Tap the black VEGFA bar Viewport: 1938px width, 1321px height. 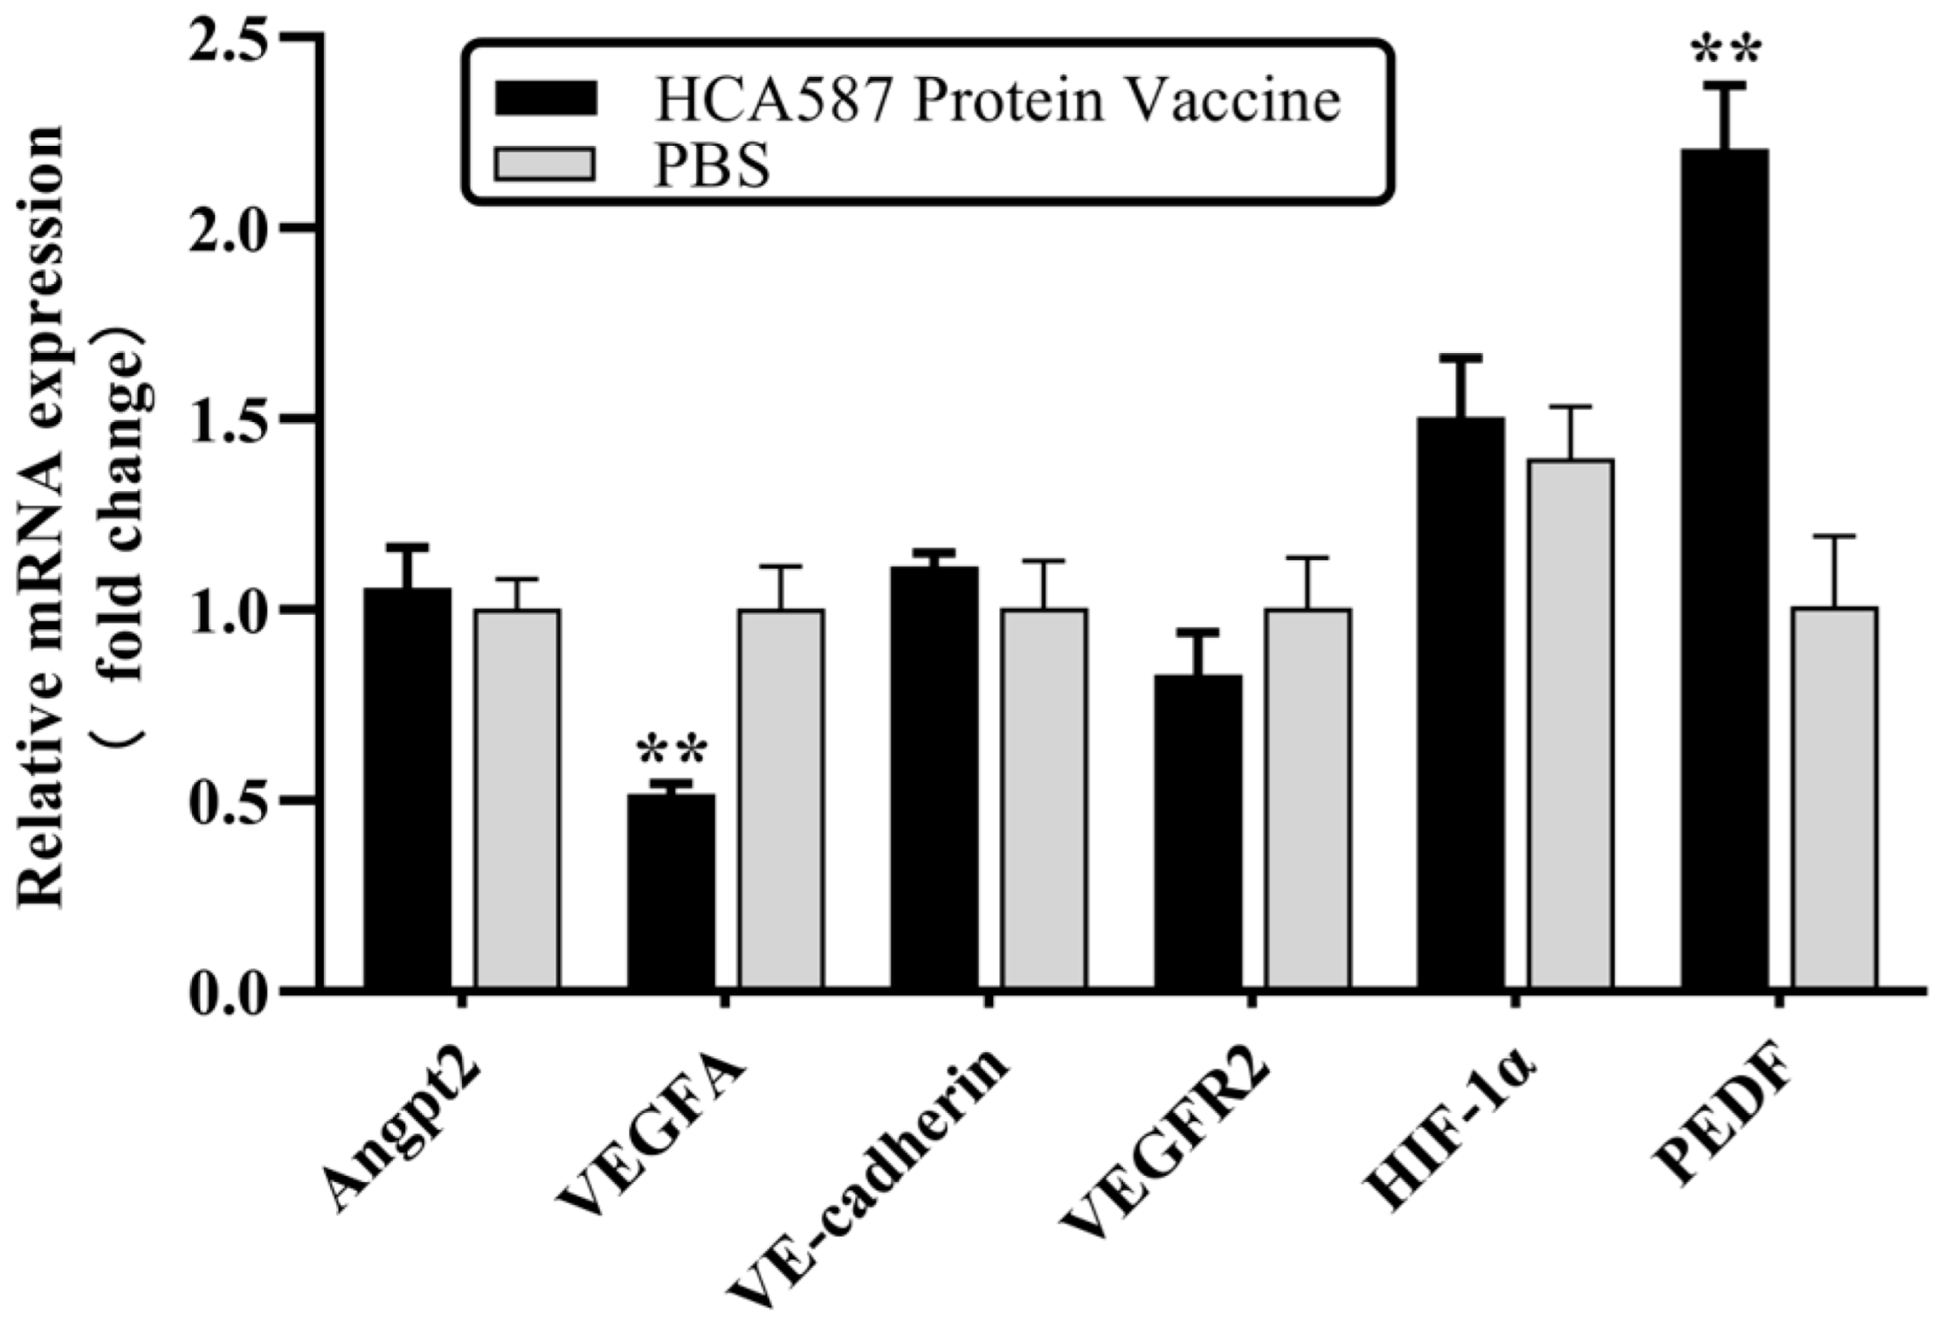671,892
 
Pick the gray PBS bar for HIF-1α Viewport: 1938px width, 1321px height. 1571,725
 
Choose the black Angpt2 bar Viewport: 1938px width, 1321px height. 408,789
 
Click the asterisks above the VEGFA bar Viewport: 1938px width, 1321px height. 672,751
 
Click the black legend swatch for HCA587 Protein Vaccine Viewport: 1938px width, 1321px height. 545,98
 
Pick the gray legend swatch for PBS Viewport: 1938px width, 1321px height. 545,164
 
